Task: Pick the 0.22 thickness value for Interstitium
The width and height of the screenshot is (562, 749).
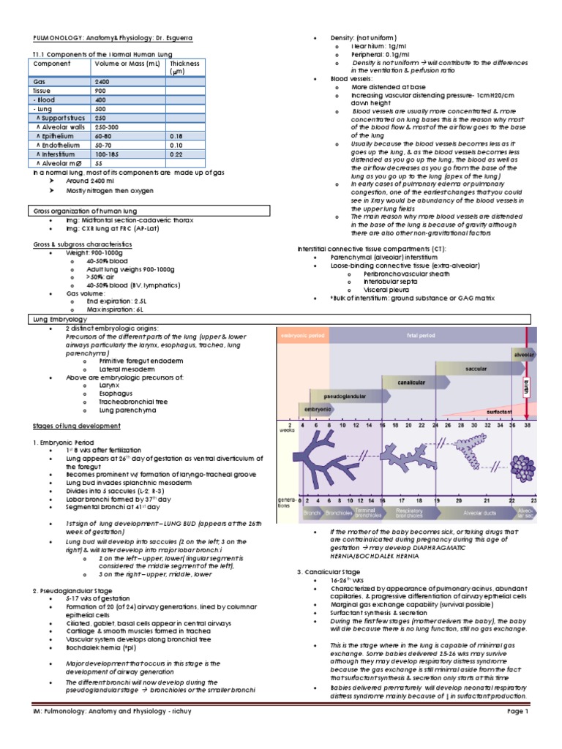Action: [x=176, y=154]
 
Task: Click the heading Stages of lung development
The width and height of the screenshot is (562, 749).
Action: [x=77, y=426]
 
